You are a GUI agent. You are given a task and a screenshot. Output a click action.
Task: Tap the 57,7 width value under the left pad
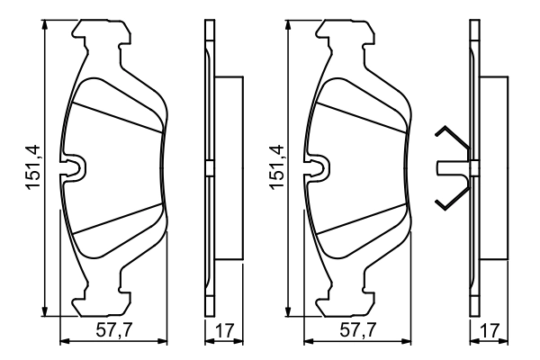coord(113,331)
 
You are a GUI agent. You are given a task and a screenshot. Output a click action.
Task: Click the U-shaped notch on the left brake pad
coord(73,166)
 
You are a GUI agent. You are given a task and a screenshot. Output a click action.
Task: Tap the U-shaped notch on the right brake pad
coord(317,166)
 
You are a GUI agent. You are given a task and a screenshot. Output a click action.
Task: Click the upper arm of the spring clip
coord(449,139)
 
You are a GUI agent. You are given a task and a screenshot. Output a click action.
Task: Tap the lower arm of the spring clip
coord(449,195)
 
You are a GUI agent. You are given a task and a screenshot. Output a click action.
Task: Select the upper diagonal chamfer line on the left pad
coord(117,114)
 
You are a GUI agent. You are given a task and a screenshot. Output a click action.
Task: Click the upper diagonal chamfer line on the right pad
coord(361,114)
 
